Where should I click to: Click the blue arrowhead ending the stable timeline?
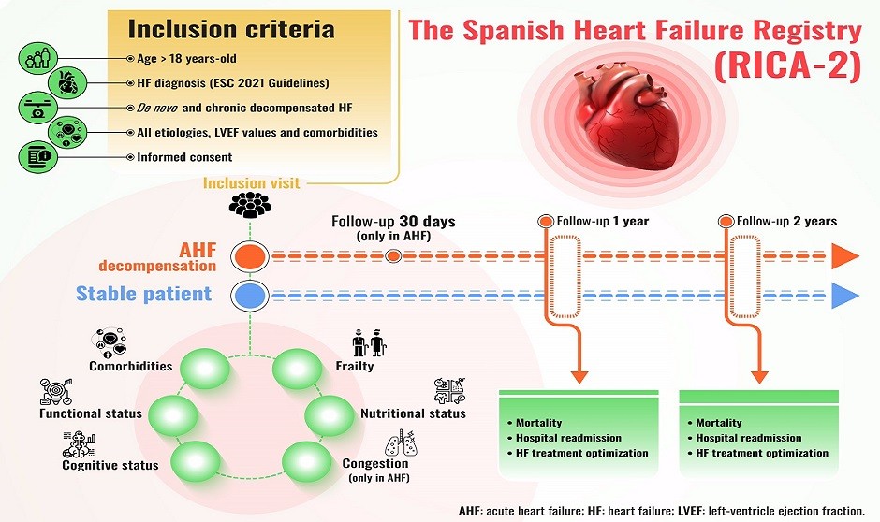pos(845,297)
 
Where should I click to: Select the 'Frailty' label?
pos(354,366)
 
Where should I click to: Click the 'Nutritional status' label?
pos(413,413)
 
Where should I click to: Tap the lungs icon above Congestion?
pos(395,440)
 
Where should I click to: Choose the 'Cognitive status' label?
pos(110,465)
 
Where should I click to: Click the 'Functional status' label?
pos(91,413)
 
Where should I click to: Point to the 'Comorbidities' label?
pos(131,366)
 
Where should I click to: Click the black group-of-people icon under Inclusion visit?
pos(251,202)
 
